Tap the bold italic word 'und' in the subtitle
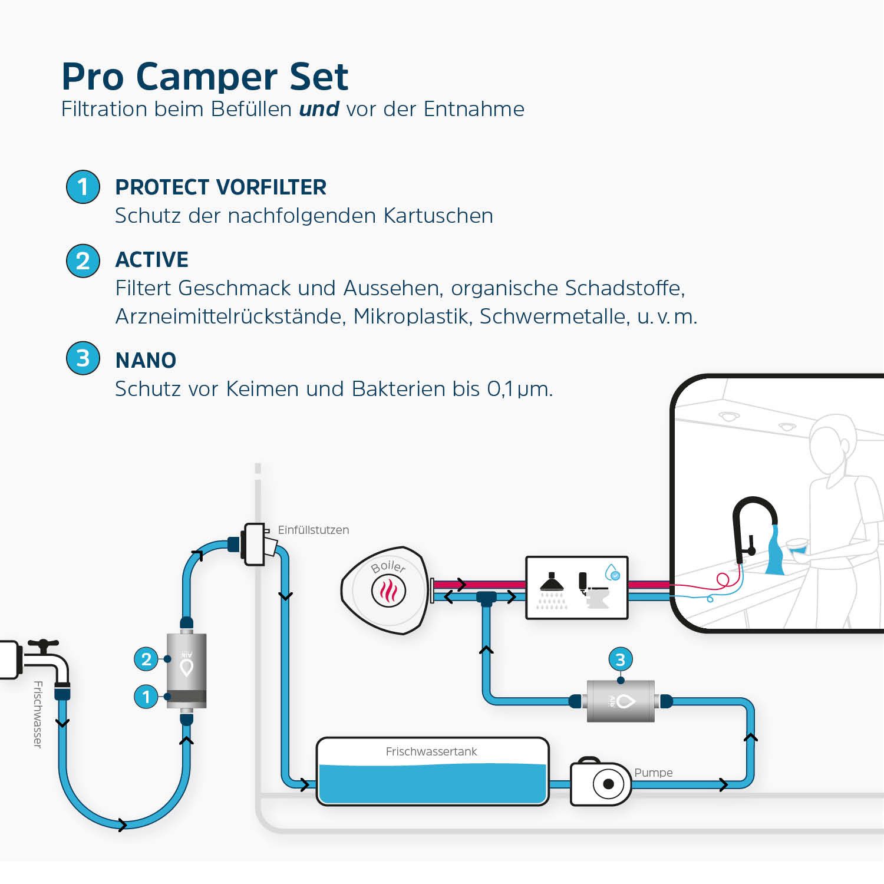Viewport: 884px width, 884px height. click(x=319, y=109)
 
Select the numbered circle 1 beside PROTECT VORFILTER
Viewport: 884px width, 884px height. click(x=83, y=187)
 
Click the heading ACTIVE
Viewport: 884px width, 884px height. click(x=152, y=260)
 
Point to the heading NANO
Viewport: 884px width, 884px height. click(x=146, y=360)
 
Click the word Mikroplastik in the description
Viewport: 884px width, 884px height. click(x=412, y=316)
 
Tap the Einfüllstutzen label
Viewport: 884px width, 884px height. click(x=313, y=530)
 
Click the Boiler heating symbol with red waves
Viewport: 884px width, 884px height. click(x=388, y=591)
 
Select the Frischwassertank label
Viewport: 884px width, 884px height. click(x=431, y=751)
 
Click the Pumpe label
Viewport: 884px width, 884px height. click(x=653, y=773)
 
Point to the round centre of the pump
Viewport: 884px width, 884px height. click(x=608, y=784)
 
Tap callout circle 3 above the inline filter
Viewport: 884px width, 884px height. click(x=620, y=659)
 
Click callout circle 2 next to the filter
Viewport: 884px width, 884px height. click(x=146, y=659)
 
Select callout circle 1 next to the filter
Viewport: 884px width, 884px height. click(x=146, y=697)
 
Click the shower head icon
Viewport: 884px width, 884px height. click(x=552, y=583)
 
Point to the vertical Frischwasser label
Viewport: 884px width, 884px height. click(x=38, y=714)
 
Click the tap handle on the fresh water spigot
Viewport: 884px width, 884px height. click(x=43, y=644)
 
